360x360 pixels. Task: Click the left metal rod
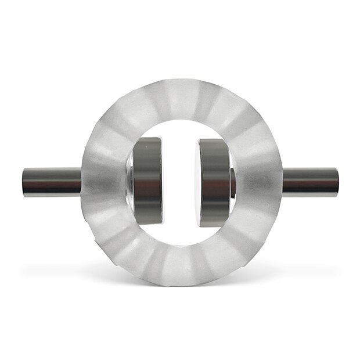[x=52, y=181]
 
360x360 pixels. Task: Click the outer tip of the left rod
[x=24, y=181]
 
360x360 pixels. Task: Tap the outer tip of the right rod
[x=337, y=181]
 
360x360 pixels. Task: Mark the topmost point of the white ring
[x=181, y=81]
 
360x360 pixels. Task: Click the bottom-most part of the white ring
[x=181, y=284]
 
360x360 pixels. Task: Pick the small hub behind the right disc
[x=233, y=182]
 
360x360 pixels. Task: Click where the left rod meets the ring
[x=82, y=181]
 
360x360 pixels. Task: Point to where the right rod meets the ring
[x=282, y=181]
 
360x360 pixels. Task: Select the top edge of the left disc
[x=148, y=139]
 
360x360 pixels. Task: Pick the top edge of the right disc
[x=214, y=139]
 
